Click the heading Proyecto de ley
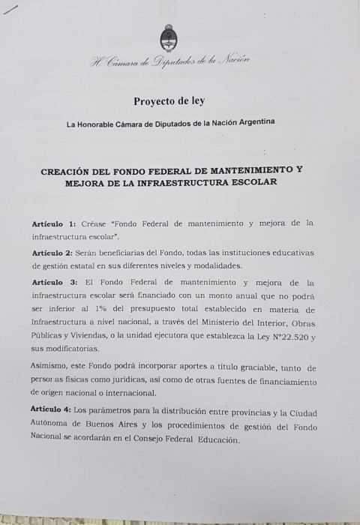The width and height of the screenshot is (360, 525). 169,100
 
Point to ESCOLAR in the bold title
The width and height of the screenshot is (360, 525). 252,182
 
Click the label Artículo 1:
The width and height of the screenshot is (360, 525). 53,224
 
